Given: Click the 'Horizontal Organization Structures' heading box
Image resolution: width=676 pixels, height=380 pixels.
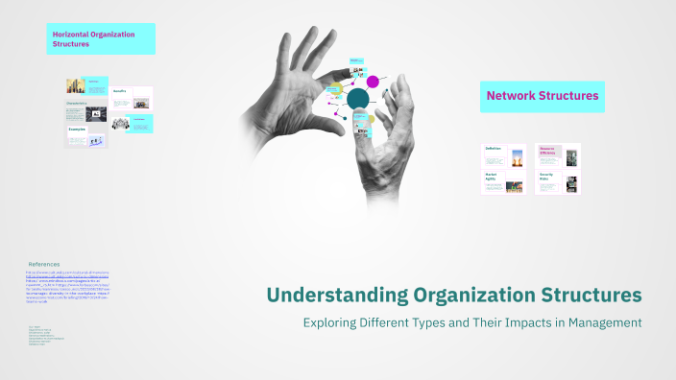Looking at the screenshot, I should pos(100,38).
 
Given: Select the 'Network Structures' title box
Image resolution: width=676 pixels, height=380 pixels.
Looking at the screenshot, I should pos(543,96).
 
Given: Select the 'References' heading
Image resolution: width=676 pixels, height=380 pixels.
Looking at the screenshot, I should pos(43,264).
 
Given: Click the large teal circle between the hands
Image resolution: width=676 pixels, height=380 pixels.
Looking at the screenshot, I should pos(358,99).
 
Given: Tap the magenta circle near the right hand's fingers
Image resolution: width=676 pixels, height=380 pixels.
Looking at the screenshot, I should pos(373,82).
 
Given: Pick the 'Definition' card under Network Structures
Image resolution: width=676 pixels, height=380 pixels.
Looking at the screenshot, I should pos(505,155).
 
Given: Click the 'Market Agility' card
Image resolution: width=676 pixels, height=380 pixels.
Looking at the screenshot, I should pos(505,181).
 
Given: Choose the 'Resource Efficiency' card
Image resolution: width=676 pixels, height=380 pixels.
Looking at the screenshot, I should pos(558,155).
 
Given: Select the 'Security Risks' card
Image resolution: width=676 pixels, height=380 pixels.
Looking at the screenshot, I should pos(558,181).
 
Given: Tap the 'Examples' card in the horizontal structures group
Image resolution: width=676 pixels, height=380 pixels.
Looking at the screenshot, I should pos(85,135).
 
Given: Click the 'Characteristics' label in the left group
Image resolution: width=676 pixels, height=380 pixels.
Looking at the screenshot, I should pos(77,101).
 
